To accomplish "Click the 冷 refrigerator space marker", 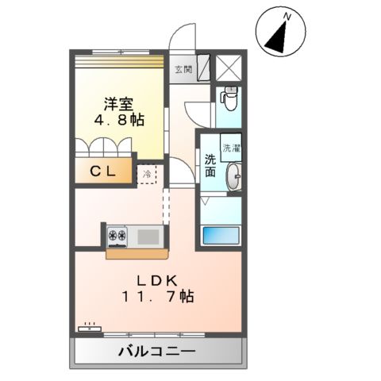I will click(x=147, y=172).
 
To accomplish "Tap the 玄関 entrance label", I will click(x=183, y=69).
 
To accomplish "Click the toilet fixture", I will click(x=228, y=98).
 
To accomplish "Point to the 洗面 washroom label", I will click(x=210, y=166).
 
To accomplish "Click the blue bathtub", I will click(x=221, y=235).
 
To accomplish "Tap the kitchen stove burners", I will click(x=118, y=236).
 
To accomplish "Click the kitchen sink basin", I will click(x=146, y=236).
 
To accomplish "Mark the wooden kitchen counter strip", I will click(x=137, y=254).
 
